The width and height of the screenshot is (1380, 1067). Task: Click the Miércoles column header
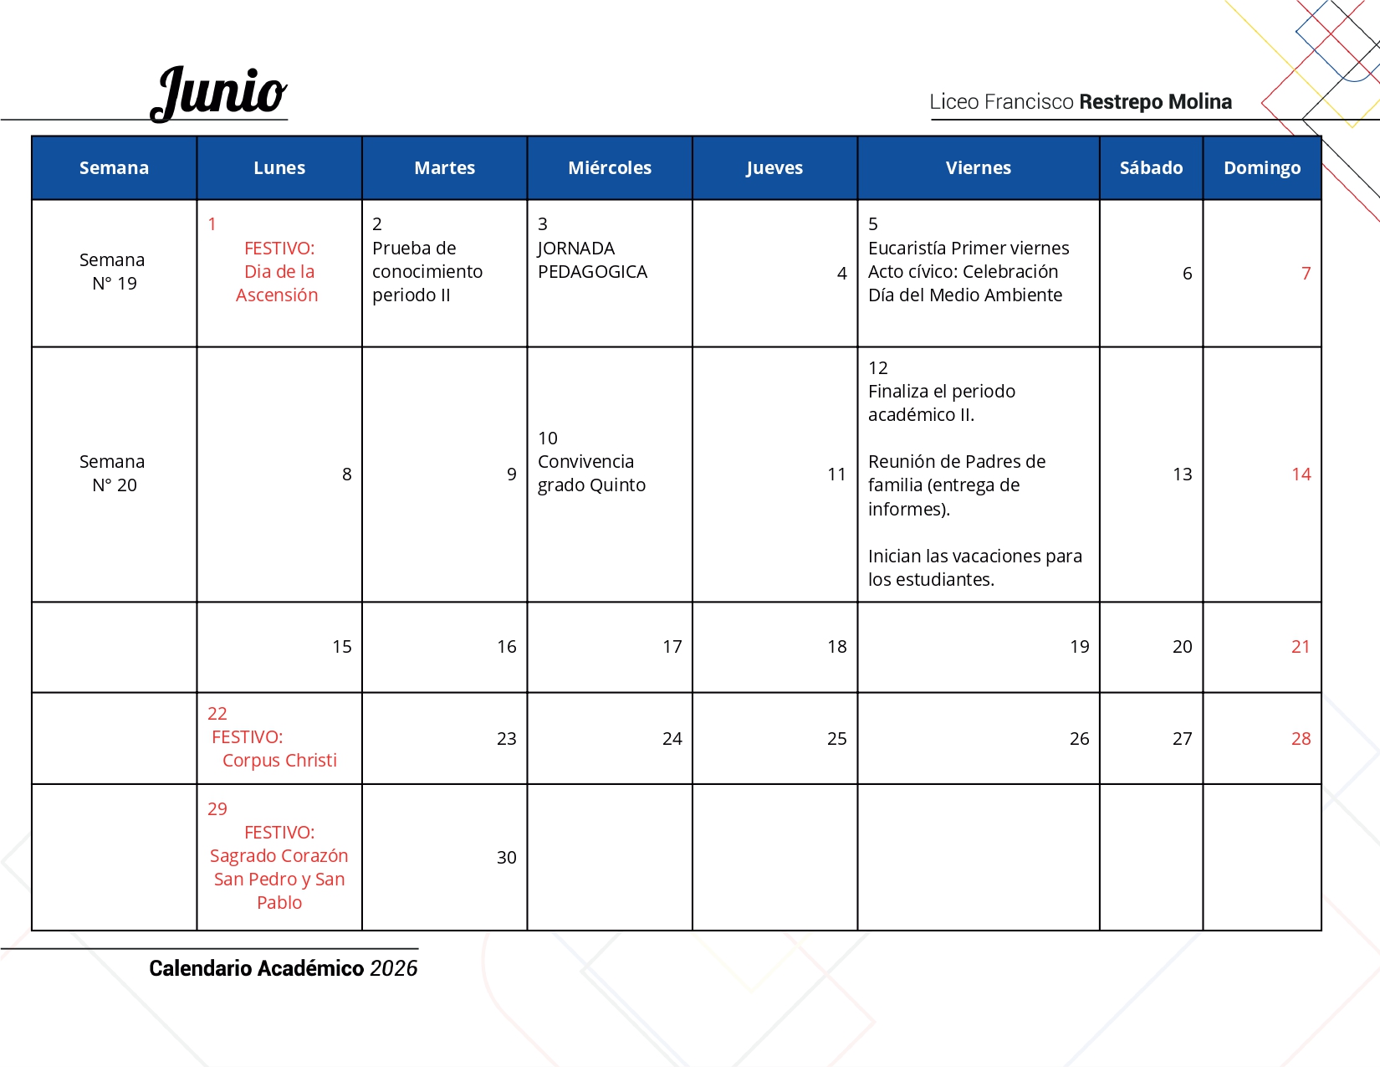pyautogui.click(x=610, y=168)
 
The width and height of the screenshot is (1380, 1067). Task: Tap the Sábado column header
pyautogui.click(x=1151, y=168)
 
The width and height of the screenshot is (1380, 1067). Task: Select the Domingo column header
pyautogui.click(x=1261, y=168)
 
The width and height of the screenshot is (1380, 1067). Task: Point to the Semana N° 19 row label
pyautogui.click(x=114, y=272)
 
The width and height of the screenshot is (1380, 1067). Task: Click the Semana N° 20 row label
pyautogui.click(x=114, y=474)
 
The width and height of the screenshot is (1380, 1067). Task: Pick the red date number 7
pyautogui.click(x=1306, y=274)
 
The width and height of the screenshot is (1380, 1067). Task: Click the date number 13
pyautogui.click(x=1182, y=475)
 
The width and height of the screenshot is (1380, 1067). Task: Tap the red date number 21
pyautogui.click(x=1300, y=647)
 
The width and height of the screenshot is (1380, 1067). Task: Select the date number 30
pyautogui.click(x=506, y=858)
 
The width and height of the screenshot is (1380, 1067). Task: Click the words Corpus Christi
pyautogui.click(x=279, y=761)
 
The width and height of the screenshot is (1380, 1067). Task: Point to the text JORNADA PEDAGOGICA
pyautogui.click(x=592, y=260)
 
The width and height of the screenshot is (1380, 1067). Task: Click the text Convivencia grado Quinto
pyautogui.click(x=591, y=474)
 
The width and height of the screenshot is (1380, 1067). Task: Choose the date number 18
pyautogui.click(x=836, y=647)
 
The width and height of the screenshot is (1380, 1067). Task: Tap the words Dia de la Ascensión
pyautogui.click(x=278, y=284)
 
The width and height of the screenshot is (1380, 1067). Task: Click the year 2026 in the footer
pyautogui.click(x=393, y=968)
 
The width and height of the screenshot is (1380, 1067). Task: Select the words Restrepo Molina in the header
pyautogui.click(x=1155, y=102)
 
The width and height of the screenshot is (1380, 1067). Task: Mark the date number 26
pyautogui.click(x=1079, y=739)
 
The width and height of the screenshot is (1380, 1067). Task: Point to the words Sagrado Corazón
pyautogui.click(x=279, y=856)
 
